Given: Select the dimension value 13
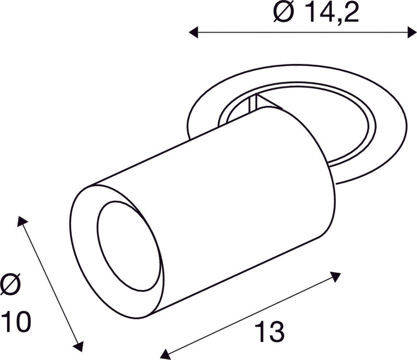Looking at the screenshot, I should [269, 330].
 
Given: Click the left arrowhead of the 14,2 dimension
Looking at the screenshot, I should [193, 33].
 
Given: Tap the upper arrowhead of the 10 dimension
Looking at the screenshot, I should [21, 221].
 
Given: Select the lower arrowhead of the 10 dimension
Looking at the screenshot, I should [79, 346].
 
